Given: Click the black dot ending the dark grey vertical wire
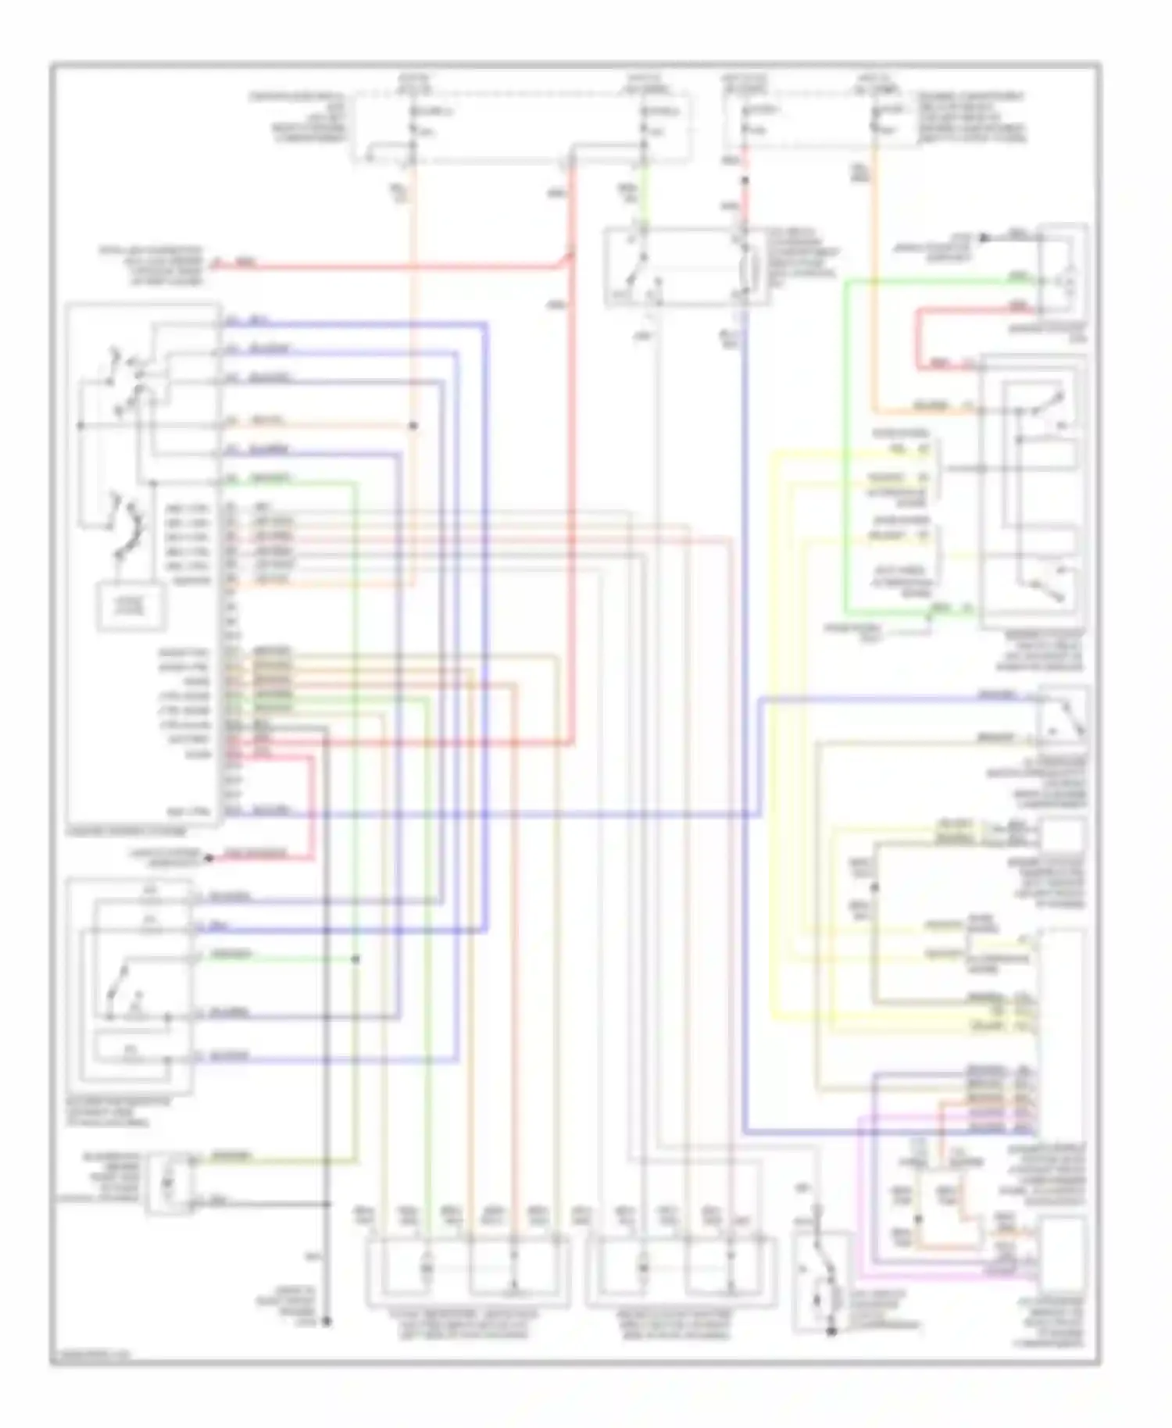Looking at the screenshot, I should click(327, 1322).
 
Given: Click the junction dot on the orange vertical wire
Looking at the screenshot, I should click(413, 426).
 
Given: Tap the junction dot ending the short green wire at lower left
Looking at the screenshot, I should click(356, 959).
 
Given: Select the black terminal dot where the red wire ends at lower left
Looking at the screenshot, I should click(209, 859).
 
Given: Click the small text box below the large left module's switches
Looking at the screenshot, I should click(131, 606).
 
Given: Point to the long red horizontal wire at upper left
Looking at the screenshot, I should click(391, 266).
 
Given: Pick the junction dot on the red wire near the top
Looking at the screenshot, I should click(745, 180).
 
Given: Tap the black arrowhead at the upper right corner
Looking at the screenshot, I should click(985, 237).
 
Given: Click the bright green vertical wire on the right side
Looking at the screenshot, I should click(845, 445).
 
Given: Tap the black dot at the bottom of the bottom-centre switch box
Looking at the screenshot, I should click(831, 1331).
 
